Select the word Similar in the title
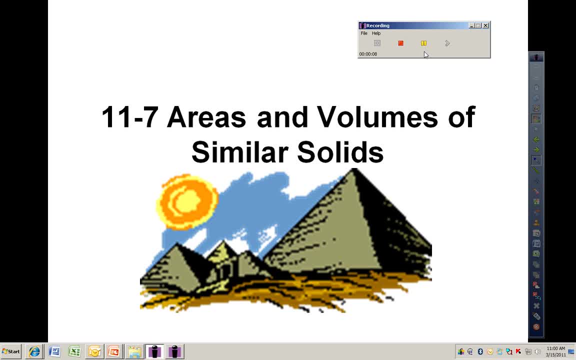[238, 151]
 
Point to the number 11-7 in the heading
[130, 117]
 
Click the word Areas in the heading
[206, 117]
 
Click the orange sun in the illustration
[187, 201]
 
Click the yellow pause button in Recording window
[423, 43]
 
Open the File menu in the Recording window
[364, 33]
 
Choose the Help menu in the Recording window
[376, 33]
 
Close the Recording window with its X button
[485, 25]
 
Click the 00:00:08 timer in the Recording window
[368, 54]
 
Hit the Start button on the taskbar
[11, 351]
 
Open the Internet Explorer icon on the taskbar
[34, 351]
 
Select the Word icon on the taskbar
[54, 351]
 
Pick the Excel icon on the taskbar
[74, 351]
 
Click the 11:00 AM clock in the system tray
[555, 348]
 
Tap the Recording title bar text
[377, 25]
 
